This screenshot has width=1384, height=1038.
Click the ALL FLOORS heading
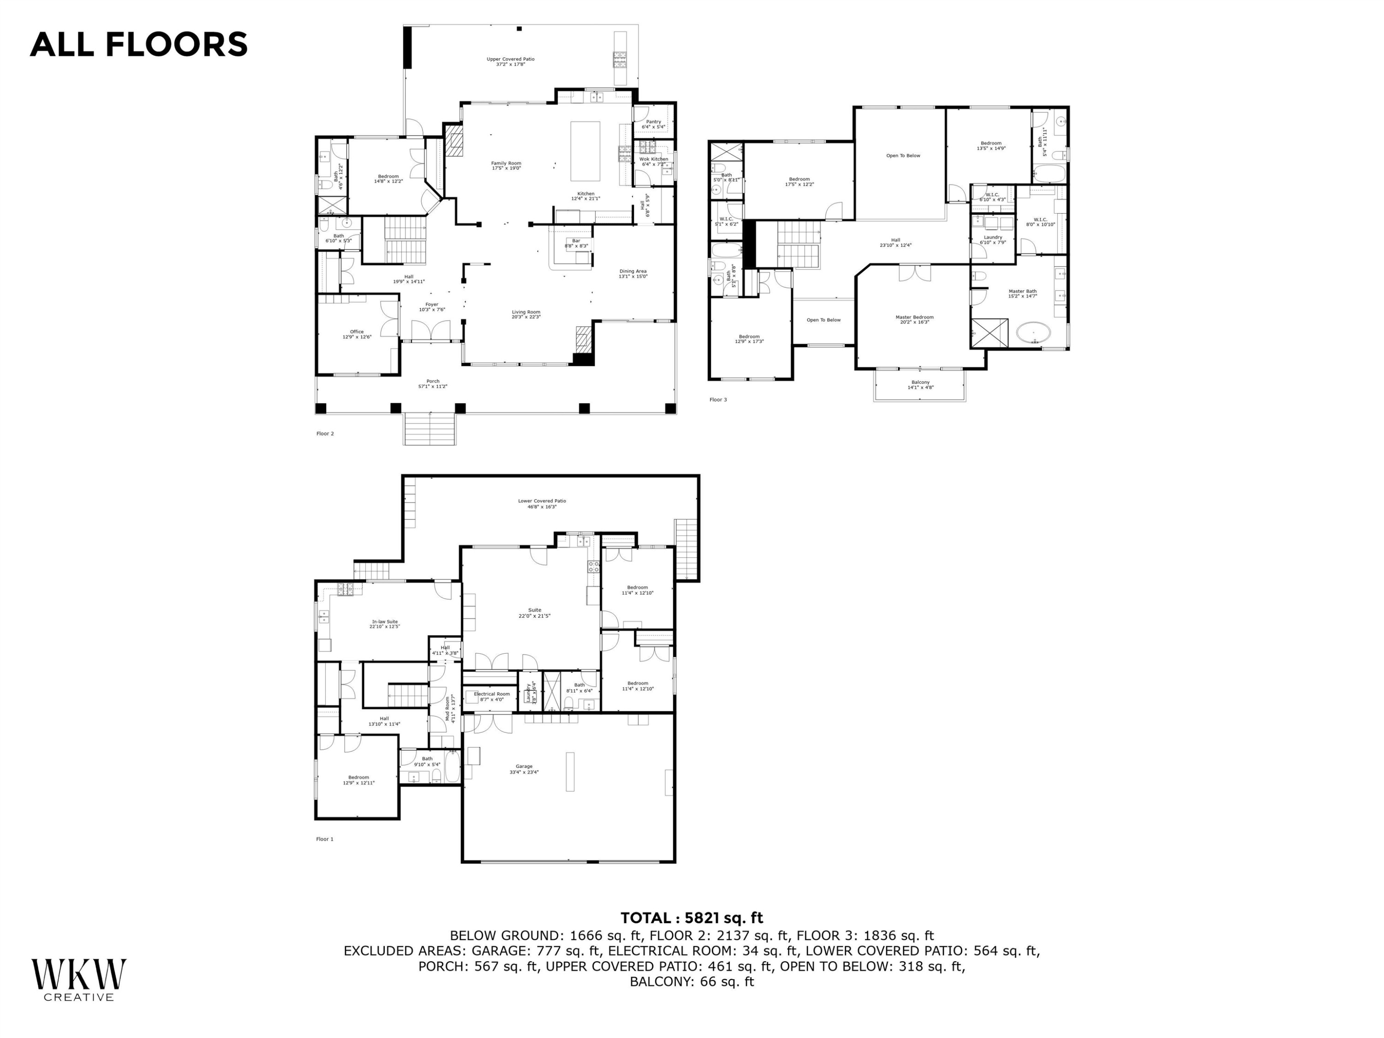[x=138, y=44]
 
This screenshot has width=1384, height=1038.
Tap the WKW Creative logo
[x=79, y=979]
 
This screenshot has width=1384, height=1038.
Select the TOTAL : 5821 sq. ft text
[x=692, y=918]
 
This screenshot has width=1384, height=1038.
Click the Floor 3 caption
[x=718, y=399]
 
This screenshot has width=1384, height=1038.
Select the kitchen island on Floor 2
[x=585, y=151]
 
